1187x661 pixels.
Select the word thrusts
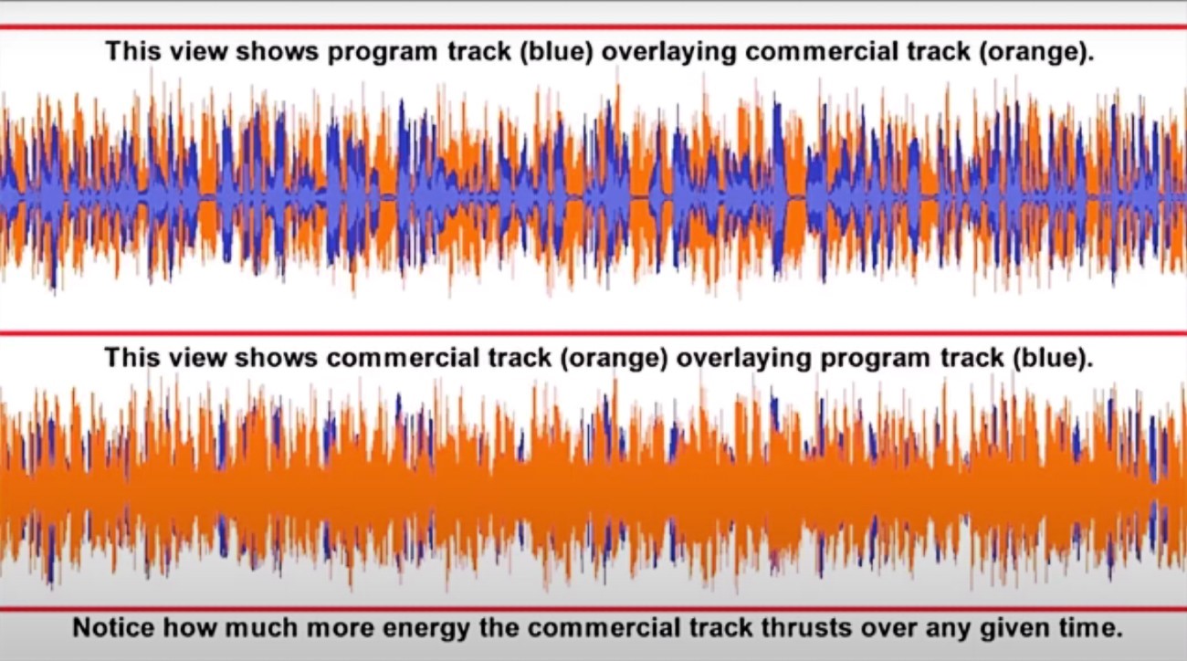806,628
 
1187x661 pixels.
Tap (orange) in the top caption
1036,52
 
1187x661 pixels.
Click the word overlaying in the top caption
668,52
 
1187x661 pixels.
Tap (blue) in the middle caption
1053,358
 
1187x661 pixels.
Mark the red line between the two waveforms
593,333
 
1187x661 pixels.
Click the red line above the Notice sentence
593,609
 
